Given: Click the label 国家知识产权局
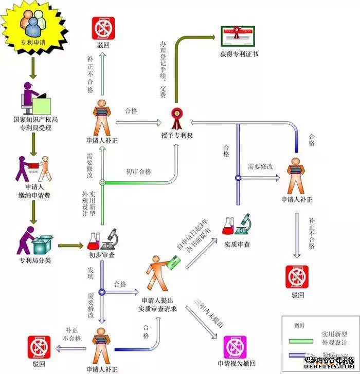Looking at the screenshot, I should (35, 119).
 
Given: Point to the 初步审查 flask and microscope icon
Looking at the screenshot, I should (103, 240).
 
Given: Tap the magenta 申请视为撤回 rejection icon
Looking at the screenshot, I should (235, 347).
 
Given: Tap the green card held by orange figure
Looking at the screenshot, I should (173, 266).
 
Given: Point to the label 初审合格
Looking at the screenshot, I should (138, 172).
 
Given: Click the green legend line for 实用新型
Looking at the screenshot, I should (300, 341).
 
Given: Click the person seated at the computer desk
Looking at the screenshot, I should (28, 96).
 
